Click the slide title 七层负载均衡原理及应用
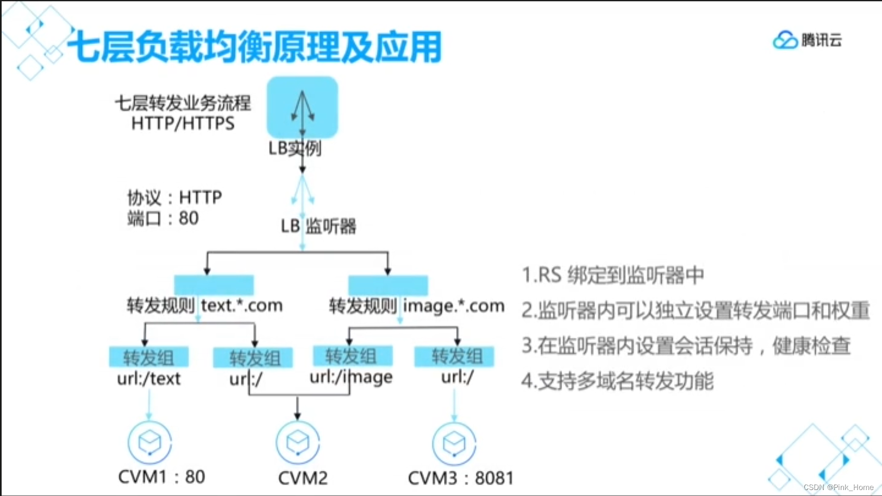click(254, 47)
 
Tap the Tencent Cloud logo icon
click(785, 40)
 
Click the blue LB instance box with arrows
click(302, 107)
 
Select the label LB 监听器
click(318, 226)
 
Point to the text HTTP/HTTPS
click(183, 124)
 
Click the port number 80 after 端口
click(189, 218)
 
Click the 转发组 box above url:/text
click(148, 357)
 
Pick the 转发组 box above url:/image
click(352, 356)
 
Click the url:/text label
click(148, 378)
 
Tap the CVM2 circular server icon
click(298, 442)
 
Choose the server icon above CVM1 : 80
click(149, 442)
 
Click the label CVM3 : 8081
click(460, 478)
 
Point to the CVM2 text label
click(303, 478)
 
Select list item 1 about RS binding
click(612, 275)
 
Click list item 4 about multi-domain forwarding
click(617, 381)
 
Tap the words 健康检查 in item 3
click(811, 346)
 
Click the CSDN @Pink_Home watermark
click(838, 487)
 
